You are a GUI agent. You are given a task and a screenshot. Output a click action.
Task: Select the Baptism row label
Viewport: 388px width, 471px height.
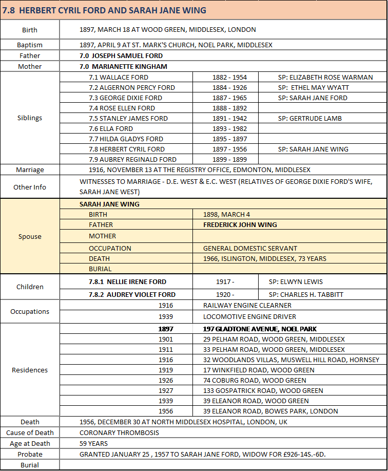(30, 45)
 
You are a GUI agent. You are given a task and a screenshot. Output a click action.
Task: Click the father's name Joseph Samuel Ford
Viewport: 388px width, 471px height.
(121, 55)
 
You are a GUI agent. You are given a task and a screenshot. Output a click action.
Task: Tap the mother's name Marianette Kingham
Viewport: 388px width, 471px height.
(123, 66)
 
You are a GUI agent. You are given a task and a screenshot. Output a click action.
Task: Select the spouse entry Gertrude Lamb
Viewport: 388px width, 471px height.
(309, 118)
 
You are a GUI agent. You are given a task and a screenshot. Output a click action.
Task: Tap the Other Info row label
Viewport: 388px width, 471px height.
(30, 187)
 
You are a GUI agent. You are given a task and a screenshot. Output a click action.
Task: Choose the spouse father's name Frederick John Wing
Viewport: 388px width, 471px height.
(240, 224)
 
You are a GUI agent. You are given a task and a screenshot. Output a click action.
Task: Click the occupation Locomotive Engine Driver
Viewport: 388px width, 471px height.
(249, 316)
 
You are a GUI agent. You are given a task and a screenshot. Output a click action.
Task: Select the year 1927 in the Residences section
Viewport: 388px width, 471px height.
(166, 390)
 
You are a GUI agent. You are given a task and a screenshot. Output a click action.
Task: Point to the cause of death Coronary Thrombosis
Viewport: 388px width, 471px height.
(120, 432)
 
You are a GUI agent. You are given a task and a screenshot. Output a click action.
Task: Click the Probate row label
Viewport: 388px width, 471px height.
(30, 454)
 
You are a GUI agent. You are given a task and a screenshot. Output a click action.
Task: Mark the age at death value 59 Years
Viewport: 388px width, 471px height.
(94, 443)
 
